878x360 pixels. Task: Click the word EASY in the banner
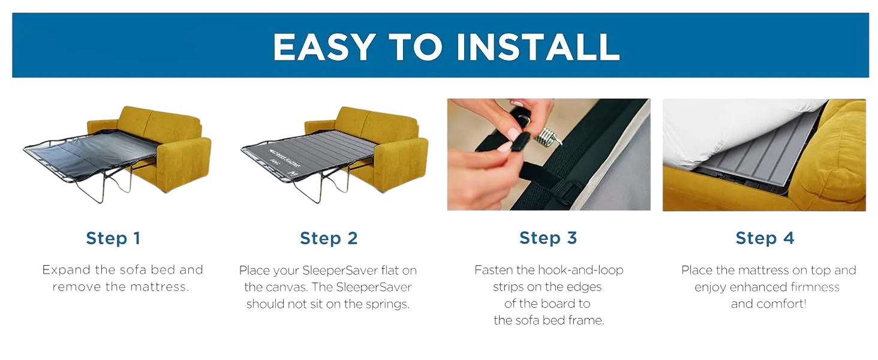pyautogui.click(x=324, y=47)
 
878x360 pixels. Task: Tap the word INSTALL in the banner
pyautogui.click(x=538, y=47)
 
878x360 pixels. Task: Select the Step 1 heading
pyautogui.click(x=113, y=238)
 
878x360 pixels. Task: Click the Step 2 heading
pyautogui.click(x=329, y=238)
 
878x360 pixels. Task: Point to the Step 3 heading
pyautogui.click(x=548, y=238)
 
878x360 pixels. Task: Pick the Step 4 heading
pyautogui.click(x=765, y=238)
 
